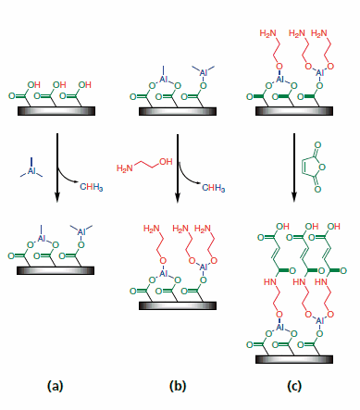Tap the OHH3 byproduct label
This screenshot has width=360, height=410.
coord(214,184)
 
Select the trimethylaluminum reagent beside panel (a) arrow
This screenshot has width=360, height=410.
coord(31,170)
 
